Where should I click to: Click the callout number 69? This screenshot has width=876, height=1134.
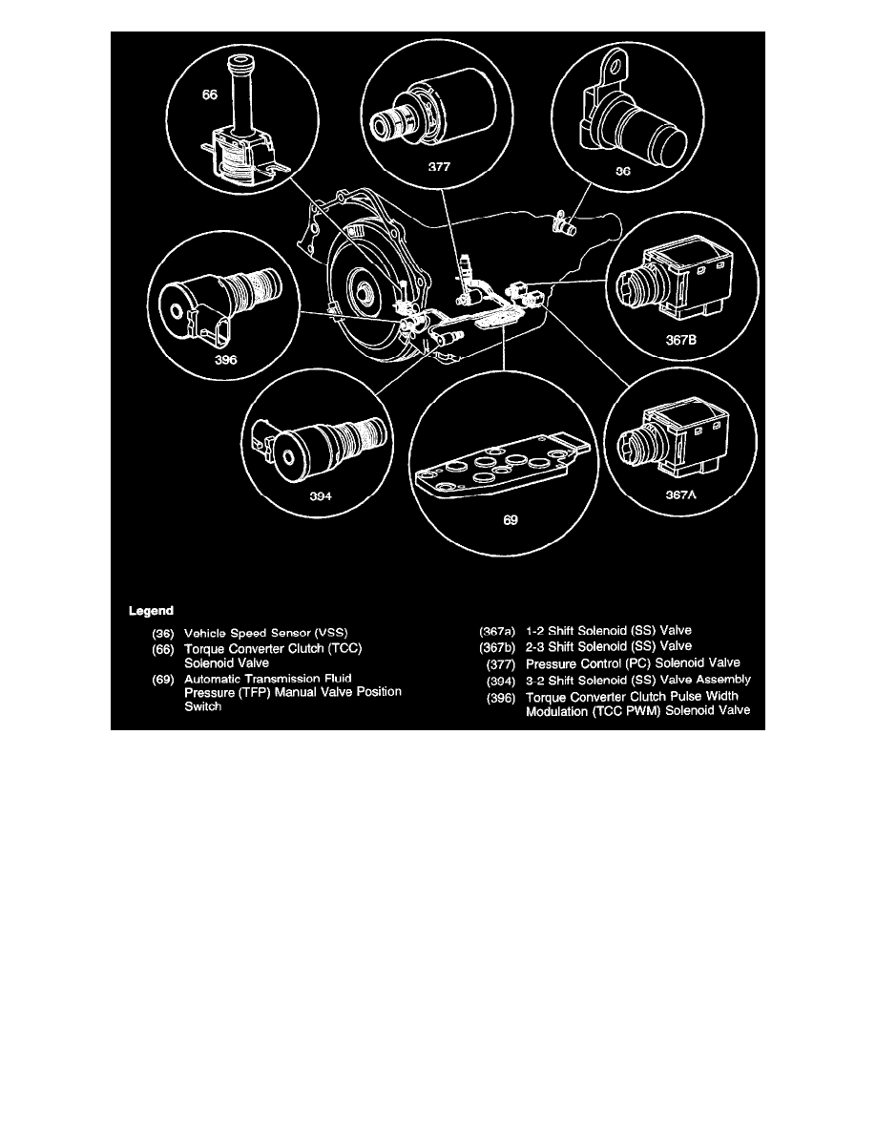point(509,521)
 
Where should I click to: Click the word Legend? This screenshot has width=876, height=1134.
point(151,609)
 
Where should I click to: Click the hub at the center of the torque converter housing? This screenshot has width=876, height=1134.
point(363,288)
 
